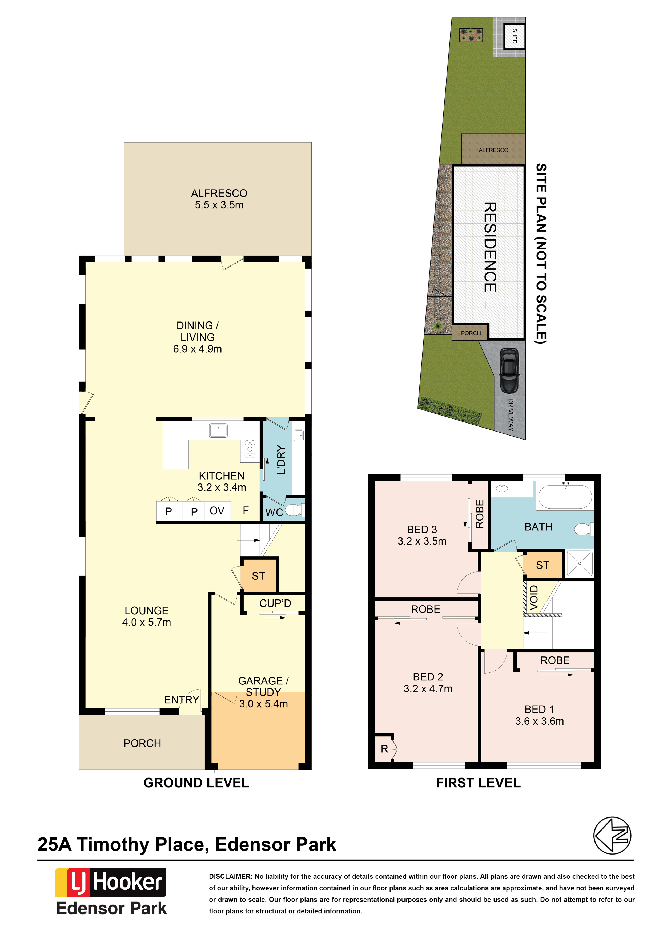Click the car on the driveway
click(509, 370)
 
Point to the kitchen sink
click(219, 430)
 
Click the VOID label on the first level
click(533, 598)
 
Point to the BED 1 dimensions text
click(539, 721)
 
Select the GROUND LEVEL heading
click(196, 783)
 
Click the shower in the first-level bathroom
click(580, 563)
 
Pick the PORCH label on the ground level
click(142, 743)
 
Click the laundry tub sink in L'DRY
click(299, 435)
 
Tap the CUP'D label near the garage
click(275, 603)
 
